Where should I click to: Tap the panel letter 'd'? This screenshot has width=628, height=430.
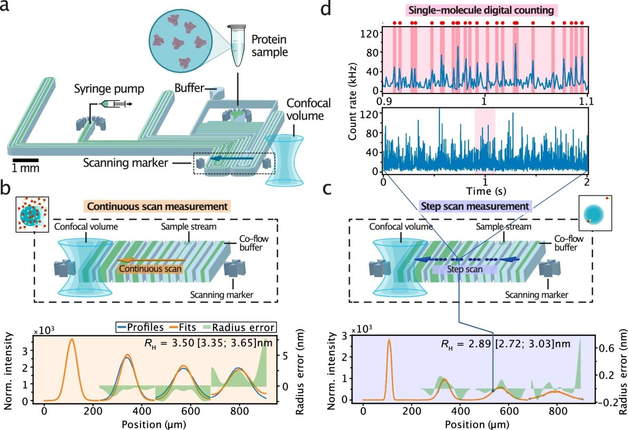pyautogui.click(x=325, y=8)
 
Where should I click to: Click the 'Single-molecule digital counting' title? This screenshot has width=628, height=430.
pyautogui.click(x=481, y=10)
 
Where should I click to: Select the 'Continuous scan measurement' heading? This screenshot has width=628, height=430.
pyautogui.click(x=157, y=206)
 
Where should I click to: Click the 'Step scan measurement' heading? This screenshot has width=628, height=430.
pyautogui.click(x=475, y=206)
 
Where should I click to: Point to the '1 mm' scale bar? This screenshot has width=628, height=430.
pyautogui.click(x=25, y=160)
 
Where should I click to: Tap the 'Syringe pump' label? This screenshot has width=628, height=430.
pyautogui.click(x=109, y=89)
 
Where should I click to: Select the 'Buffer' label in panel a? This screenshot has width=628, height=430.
pyautogui.click(x=189, y=88)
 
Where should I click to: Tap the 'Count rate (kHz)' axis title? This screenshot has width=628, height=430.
pyautogui.click(x=352, y=101)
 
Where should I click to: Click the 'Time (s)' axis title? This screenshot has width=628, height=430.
pyautogui.click(x=486, y=191)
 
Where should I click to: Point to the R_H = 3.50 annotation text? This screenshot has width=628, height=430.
pyautogui.click(x=209, y=343)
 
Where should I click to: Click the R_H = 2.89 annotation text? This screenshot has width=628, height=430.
pyautogui.click(x=505, y=344)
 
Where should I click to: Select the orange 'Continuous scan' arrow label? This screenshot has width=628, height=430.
pyautogui.click(x=150, y=269)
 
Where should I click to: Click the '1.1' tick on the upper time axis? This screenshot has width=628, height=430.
pyautogui.click(x=586, y=101)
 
